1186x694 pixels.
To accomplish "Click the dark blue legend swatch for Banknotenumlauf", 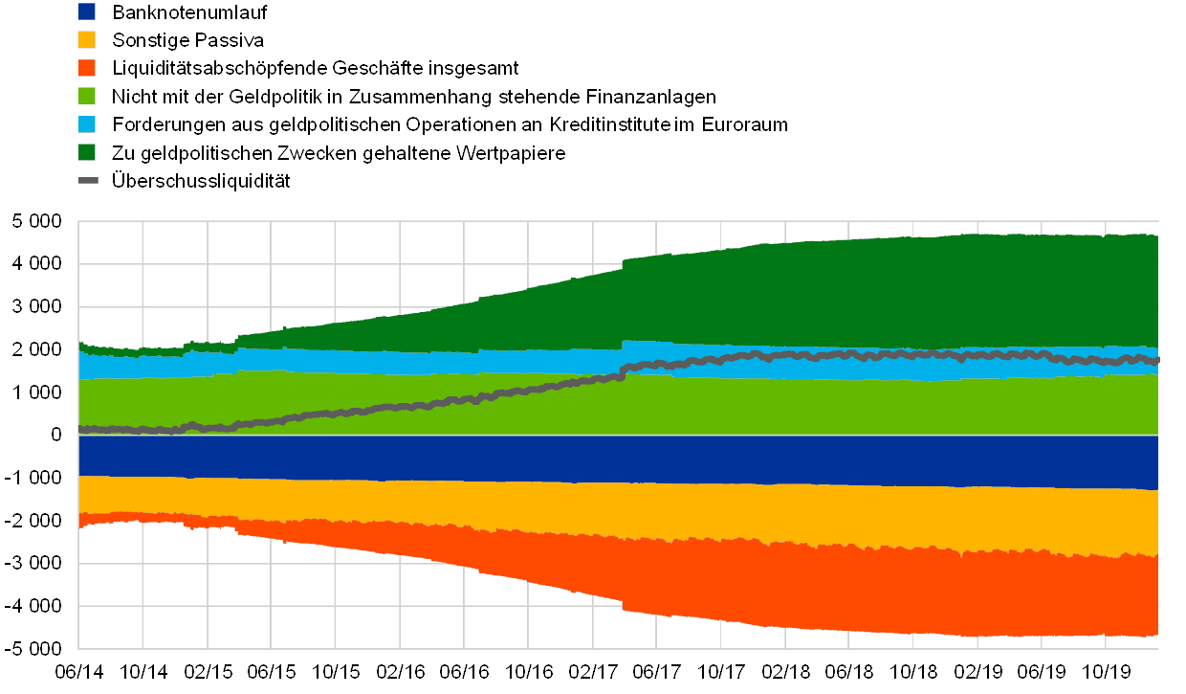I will pyautogui.click(x=87, y=12).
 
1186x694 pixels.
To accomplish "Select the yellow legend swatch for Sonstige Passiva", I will pyautogui.click(x=87, y=40).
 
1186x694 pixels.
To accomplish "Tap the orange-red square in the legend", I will pyautogui.click(x=87, y=68).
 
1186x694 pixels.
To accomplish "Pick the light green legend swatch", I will pyautogui.click(x=87, y=96).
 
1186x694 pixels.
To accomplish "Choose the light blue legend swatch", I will pyautogui.click(x=87, y=124).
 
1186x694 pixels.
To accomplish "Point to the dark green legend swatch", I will pyautogui.click(x=87, y=152).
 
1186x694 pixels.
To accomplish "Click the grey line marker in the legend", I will pyautogui.click(x=87, y=180).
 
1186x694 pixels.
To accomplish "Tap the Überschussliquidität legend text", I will pyautogui.click(x=201, y=180).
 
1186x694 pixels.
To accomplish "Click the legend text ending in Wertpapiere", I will pyautogui.click(x=340, y=152).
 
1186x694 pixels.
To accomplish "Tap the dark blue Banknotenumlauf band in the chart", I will pyautogui.click(x=574, y=458).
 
